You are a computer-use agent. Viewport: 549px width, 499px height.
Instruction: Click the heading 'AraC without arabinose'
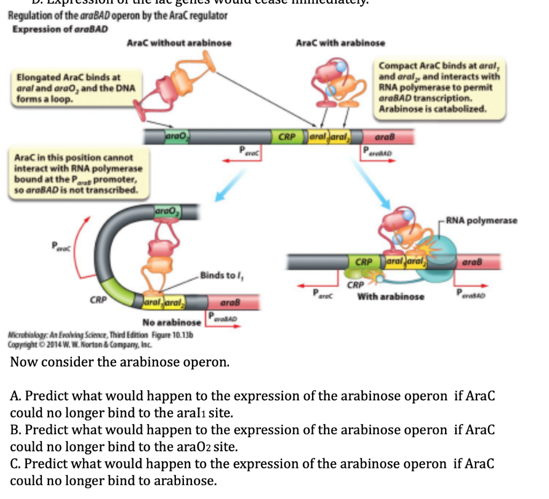[x=179, y=43]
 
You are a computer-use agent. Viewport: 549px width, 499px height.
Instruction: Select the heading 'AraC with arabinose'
[x=340, y=43]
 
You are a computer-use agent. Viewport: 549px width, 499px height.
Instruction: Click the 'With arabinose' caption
[x=391, y=296]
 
